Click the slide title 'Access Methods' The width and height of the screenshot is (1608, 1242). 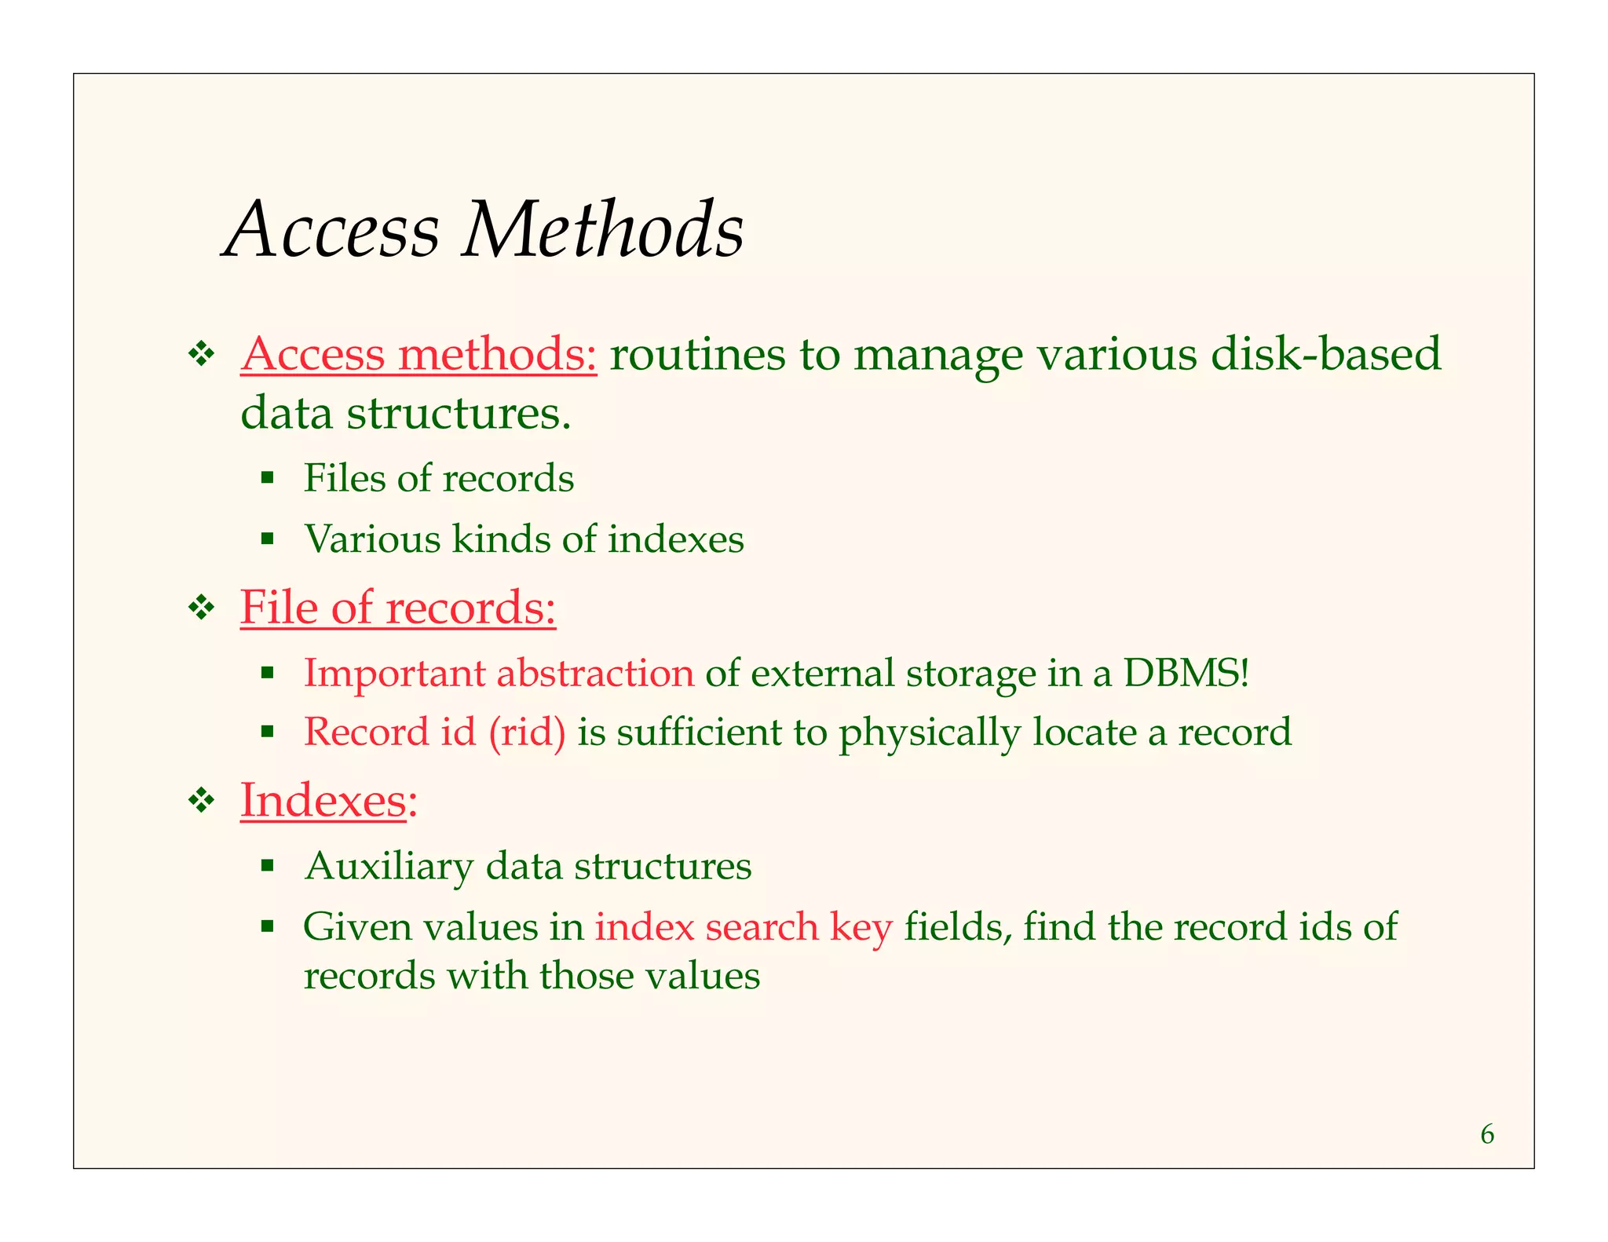click(484, 229)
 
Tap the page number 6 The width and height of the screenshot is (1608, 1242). click(1487, 1134)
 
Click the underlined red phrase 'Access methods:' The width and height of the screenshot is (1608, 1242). click(418, 354)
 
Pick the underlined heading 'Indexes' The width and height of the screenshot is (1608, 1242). click(323, 800)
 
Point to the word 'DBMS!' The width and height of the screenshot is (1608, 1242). click(1186, 673)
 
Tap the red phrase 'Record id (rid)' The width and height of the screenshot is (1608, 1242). click(434, 732)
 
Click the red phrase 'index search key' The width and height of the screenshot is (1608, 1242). click(743, 926)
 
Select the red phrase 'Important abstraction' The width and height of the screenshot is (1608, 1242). click(499, 673)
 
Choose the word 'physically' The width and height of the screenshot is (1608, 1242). click(930, 732)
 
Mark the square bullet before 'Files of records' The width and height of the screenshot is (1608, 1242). click(268, 477)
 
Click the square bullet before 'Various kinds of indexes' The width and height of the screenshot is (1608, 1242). click(268, 539)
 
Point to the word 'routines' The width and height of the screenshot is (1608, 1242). click(697, 354)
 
